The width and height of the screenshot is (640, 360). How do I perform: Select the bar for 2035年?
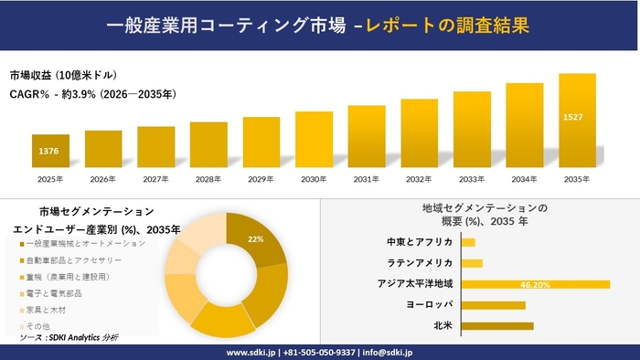click(577, 120)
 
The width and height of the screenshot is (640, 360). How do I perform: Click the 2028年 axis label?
click(208, 178)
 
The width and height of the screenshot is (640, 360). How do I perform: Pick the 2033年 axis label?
click(472, 178)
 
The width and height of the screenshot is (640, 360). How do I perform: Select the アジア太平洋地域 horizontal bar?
click(536, 284)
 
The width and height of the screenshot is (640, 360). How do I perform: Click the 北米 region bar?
click(497, 325)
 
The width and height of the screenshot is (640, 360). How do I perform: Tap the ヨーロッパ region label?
click(429, 304)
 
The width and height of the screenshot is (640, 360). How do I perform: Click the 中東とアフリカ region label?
click(420, 242)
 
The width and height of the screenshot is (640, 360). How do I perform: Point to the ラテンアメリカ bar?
click(472, 263)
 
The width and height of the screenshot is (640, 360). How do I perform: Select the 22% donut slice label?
click(255, 239)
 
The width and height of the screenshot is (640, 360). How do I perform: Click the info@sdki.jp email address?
click(388, 352)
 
